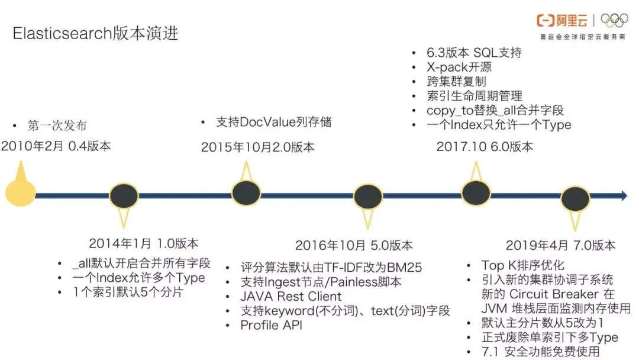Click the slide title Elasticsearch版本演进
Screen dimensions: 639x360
(95, 34)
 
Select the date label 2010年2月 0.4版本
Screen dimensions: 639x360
(56, 146)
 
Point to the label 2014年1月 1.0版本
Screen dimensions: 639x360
(144, 243)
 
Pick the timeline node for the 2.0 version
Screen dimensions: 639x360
(246, 192)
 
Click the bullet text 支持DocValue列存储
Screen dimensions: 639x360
(273, 123)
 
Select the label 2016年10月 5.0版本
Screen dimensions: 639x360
(354, 245)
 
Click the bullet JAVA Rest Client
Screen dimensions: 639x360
(291, 297)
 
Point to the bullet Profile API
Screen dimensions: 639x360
(271, 325)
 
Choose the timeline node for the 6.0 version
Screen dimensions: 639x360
(476, 192)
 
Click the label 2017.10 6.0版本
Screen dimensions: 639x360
(485, 147)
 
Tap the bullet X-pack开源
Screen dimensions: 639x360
(459, 67)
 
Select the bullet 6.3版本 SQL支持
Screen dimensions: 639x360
(474, 53)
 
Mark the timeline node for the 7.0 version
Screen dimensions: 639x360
(575, 198)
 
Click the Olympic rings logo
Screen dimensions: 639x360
(614, 21)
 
